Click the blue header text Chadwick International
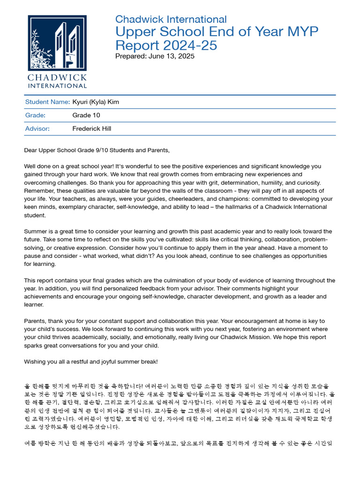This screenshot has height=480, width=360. point(171,20)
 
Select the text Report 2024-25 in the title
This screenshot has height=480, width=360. point(166,46)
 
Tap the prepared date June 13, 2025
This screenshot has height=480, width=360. point(171,56)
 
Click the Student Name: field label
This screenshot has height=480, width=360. point(47,102)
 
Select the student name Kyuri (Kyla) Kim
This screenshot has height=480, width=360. point(99,102)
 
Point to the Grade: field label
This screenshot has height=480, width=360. point(35,115)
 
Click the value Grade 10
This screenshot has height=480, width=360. point(86,115)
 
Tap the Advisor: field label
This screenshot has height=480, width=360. point(37,128)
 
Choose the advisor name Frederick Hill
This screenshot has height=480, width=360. point(92,128)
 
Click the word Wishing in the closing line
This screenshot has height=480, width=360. point(36,361)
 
